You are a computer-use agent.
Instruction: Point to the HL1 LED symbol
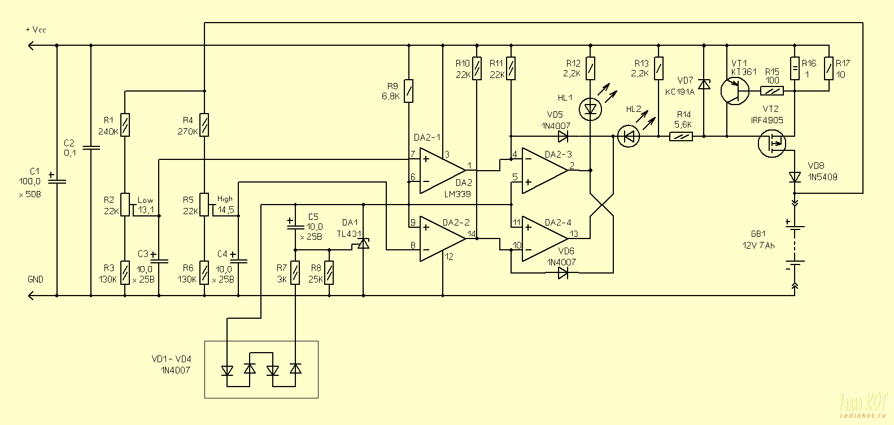coord(590,108)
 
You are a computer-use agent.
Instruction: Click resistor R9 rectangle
coord(409,91)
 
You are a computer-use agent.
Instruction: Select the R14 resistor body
coord(681,136)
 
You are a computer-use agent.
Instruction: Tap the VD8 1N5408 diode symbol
coord(795,177)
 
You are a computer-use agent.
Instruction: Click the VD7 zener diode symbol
coord(704,85)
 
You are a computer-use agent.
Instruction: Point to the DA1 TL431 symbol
coord(363,244)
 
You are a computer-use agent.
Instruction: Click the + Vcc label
coord(35,30)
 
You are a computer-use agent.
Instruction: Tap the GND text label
coord(35,280)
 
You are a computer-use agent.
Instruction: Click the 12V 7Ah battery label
coord(758,246)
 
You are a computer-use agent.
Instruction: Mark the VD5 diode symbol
coord(562,136)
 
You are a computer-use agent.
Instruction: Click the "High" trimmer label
coord(224,199)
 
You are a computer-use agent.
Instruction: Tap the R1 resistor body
coord(125,125)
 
